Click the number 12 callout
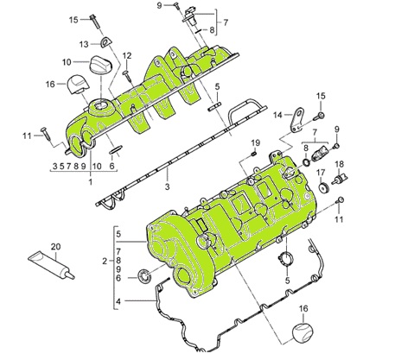click(x=126, y=56)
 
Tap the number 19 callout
click(x=255, y=142)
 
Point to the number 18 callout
click(x=340, y=164)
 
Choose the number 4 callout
click(x=118, y=300)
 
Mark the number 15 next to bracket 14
click(x=321, y=95)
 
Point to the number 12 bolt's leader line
click(x=127, y=66)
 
